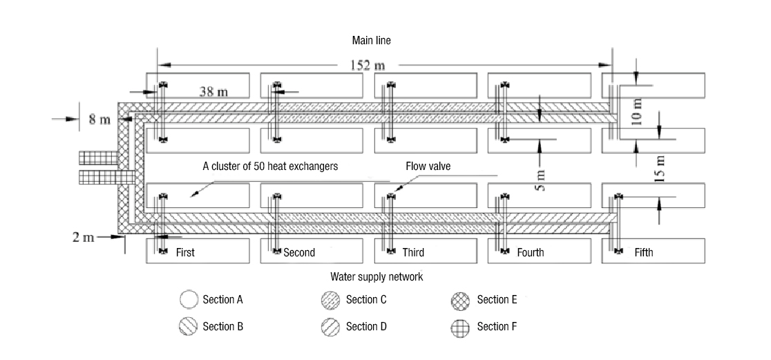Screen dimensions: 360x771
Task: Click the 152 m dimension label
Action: click(370, 66)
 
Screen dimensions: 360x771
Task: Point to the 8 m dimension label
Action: click(99, 120)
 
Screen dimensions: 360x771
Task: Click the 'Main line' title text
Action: click(371, 41)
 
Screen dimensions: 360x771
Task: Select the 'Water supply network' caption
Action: click(377, 276)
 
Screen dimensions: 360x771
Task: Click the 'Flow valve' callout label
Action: click(430, 167)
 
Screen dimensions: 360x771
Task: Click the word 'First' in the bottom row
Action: click(185, 253)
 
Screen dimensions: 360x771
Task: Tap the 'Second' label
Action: click(299, 253)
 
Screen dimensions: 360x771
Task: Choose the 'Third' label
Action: click(413, 253)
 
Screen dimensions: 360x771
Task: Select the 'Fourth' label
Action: click(530, 253)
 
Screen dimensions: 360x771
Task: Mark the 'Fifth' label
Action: click(643, 253)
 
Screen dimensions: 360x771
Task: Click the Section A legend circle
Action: click(188, 300)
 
